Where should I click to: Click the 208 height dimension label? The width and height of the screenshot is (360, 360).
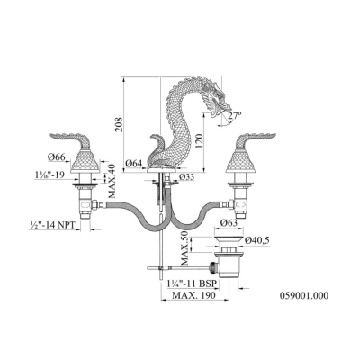click(x=118, y=123)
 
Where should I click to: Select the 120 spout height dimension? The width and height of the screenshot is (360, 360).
click(x=200, y=142)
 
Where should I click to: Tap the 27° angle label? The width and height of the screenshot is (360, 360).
click(x=235, y=115)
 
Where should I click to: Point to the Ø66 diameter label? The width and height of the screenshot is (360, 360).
click(x=56, y=157)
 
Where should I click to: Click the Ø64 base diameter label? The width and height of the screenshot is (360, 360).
click(x=134, y=164)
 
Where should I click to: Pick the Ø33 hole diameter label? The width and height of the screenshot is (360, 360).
click(x=186, y=177)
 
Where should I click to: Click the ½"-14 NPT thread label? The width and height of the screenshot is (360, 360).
click(x=51, y=225)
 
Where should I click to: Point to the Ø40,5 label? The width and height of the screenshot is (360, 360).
click(x=257, y=240)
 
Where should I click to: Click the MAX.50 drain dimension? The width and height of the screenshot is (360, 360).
click(x=184, y=247)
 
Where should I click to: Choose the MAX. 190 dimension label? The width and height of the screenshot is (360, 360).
click(x=193, y=295)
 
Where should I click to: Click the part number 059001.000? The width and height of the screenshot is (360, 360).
click(x=304, y=296)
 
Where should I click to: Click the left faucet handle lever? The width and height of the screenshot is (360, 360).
click(x=71, y=139)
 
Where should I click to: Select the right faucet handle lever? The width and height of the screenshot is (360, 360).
click(x=256, y=139)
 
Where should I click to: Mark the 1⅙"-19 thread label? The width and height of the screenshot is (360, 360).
click(x=49, y=175)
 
